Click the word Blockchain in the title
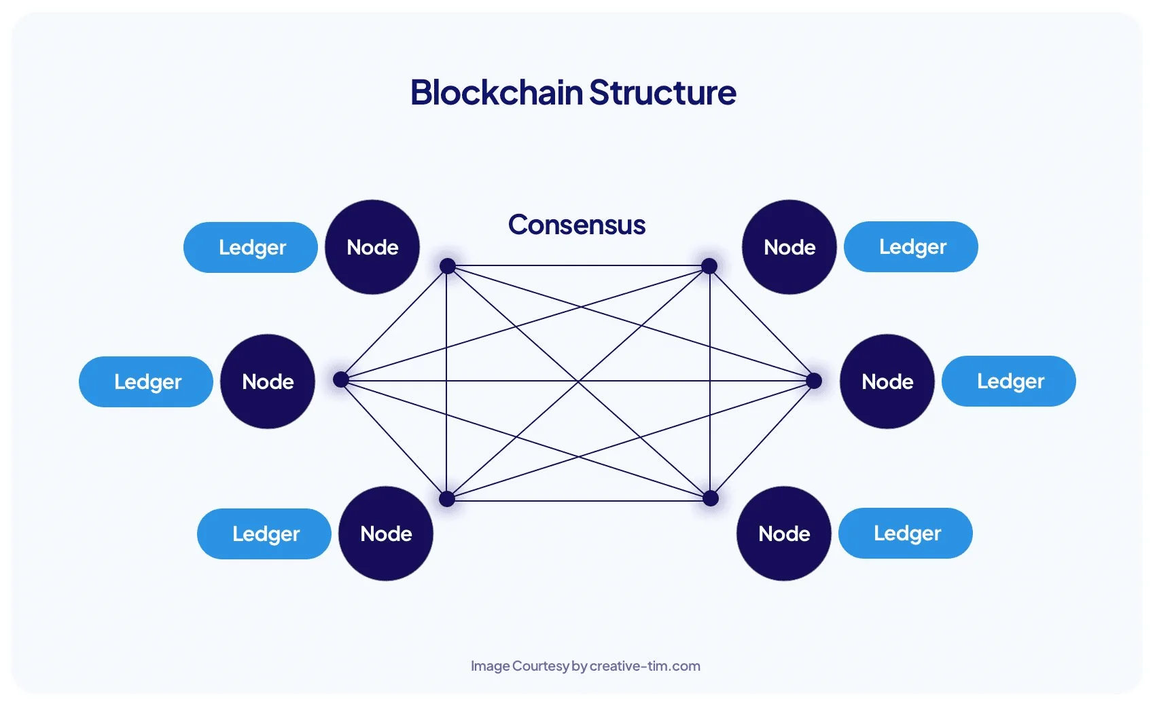(497, 92)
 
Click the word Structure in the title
(662, 92)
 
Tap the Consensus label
(577, 225)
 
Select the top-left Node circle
(372, 247)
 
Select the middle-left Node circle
(268, 382)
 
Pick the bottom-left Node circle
(386, 534)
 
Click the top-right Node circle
(789, 247)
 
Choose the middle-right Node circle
(887, 382)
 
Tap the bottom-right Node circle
(784, 534)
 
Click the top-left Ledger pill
(251, 247)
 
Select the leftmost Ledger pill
(146, 382)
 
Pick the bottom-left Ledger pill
(264, 534)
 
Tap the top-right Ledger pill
(911, 246)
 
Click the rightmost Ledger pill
(1009, 381)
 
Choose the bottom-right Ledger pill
(906, 533)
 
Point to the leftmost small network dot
(341, 379)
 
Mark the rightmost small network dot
(814, 381)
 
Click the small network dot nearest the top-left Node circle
(447, 266)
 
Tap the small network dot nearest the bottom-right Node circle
(711, 499)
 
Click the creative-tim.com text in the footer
(645, 666)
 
